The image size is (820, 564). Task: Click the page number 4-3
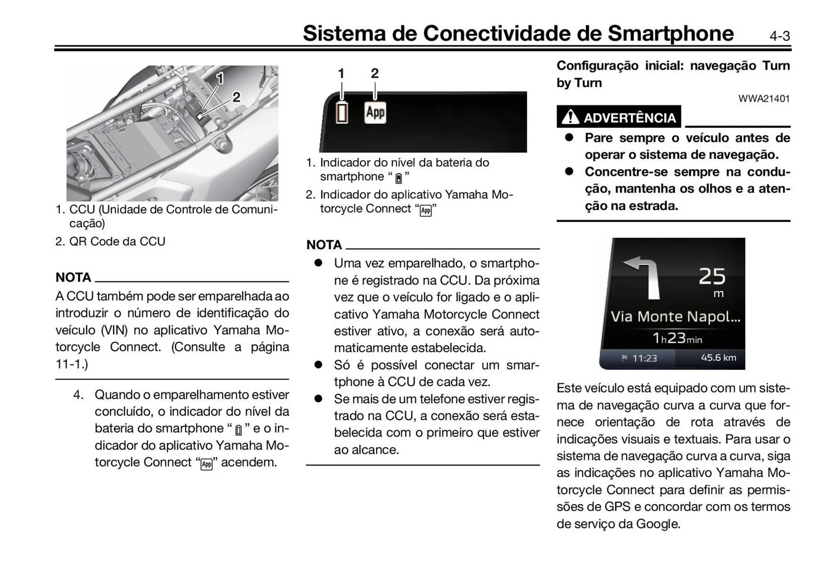pos(779,36)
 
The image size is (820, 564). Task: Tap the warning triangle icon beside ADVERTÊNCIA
pos(570,117)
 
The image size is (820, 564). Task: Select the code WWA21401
pos(764,99)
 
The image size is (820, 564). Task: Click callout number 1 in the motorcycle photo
pos(220,78)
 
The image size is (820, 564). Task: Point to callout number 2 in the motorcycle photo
pos(236,97)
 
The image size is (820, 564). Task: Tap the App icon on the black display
pos(375,113)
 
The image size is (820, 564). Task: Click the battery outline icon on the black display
pos(342,113)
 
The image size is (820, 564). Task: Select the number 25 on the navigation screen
pos(712,276)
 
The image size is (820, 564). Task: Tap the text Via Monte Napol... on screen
pos(675,316)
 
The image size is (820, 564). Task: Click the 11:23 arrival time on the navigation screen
pos(644,358)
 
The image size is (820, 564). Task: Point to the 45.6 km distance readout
pos(718,357)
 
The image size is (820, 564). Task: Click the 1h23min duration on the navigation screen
pos(677,338)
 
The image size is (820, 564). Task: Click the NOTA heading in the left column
pos(73,278)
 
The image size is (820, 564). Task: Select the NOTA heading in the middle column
pos(324,245)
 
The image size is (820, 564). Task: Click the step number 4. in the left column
pos(78,395)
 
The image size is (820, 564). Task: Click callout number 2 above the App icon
pos(375,73)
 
